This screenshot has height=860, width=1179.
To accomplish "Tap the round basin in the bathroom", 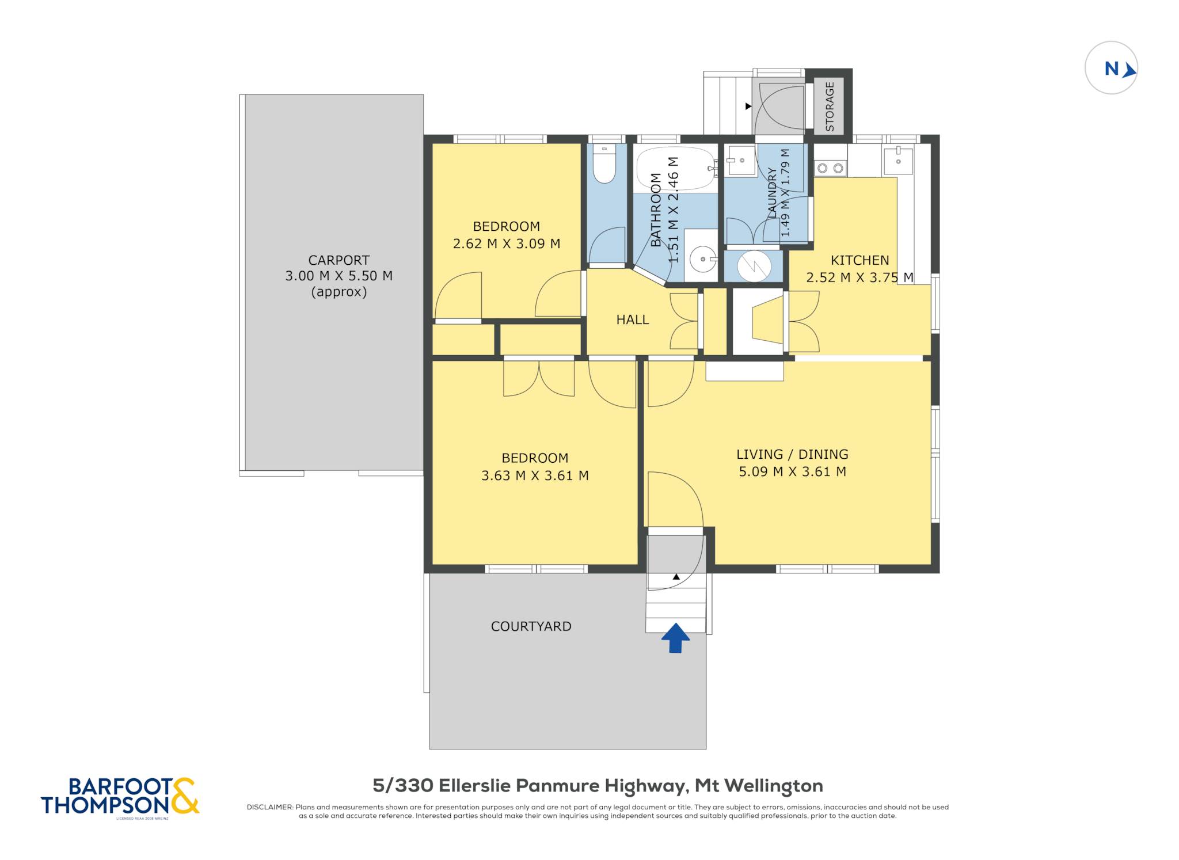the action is (x=702, y=259).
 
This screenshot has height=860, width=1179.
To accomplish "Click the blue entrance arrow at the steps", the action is (x=675, y=638).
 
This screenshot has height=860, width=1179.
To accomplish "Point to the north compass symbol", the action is (x=1111, y=68).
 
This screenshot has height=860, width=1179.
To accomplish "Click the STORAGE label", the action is (x=830, y=106).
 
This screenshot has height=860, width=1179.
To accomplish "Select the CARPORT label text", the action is (x=339, y=260).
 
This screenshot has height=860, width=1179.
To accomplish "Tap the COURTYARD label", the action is (x=531, y=626).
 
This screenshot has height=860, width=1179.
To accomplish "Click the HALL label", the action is (x=633, y=319).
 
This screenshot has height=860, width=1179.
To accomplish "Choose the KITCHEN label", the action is (x=859, y=260).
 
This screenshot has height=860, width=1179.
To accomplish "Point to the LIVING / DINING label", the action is (x=792, y=454).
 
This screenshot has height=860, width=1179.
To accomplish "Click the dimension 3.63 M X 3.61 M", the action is (x=535, y=475).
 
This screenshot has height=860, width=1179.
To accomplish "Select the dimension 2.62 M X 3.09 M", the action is (x=507, y=243).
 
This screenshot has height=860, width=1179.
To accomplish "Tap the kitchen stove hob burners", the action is (x=830, y=168).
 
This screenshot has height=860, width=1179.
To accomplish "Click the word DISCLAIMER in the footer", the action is (x=270, y=807).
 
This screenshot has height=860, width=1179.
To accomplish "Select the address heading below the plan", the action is (x=598, y=786).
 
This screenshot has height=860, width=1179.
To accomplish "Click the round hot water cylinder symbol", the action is (x=754, y=266).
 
